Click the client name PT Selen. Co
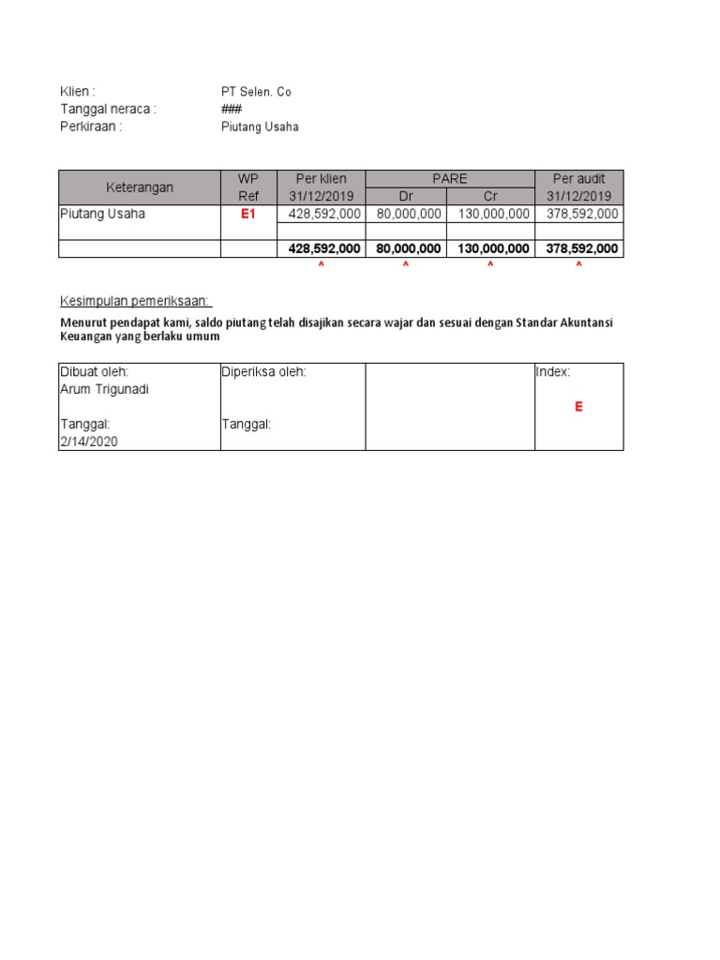(x=255, y=92)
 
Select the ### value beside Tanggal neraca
(x=231, y=109)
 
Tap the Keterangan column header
(x=139, y=187)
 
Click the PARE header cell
(x=449, y=179)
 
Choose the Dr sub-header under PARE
(x=406, y=196)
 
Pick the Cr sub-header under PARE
(x=489, y=196)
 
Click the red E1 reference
(x=248, y=214)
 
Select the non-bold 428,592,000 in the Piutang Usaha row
(x=322, y=214)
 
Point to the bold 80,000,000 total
(x=406, y=248)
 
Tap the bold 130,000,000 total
(x=489, y=248)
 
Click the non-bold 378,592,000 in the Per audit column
(x=578, y=214)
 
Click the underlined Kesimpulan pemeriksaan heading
(x=136, y=301)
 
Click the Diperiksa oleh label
(x=263, y=372)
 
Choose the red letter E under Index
(x=578, y=407)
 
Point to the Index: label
(x=553, y=372)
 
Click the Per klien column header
(x=322, y=179)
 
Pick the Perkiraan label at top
(x=91, y=127)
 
